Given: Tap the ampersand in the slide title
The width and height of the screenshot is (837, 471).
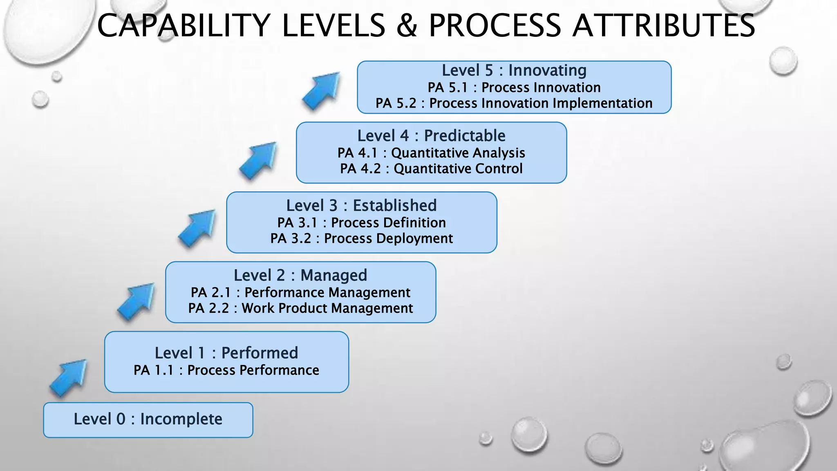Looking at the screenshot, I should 407,25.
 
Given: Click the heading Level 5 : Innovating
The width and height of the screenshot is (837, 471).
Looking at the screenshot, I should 514,70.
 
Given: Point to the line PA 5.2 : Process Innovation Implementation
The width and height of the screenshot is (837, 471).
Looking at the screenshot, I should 514,103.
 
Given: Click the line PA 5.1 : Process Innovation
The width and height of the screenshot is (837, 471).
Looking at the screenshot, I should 514,87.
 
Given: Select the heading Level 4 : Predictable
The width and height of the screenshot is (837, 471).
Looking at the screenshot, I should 431,136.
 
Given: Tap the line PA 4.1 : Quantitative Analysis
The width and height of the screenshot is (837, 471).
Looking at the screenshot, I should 431,153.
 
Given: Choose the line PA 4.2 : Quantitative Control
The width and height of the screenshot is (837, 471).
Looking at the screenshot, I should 431,168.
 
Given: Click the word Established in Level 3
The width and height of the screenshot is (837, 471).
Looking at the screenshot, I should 395,205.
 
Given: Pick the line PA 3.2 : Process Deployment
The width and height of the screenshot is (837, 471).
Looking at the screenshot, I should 361,238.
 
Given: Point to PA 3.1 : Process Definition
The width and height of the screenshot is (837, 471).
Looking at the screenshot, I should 361,223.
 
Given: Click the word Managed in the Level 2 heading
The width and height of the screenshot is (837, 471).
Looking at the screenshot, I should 333,275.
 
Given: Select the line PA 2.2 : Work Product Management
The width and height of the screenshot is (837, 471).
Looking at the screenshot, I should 300,308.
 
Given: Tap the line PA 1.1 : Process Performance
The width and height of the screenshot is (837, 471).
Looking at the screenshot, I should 226,370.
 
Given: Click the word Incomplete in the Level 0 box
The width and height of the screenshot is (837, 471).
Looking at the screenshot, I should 181,419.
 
